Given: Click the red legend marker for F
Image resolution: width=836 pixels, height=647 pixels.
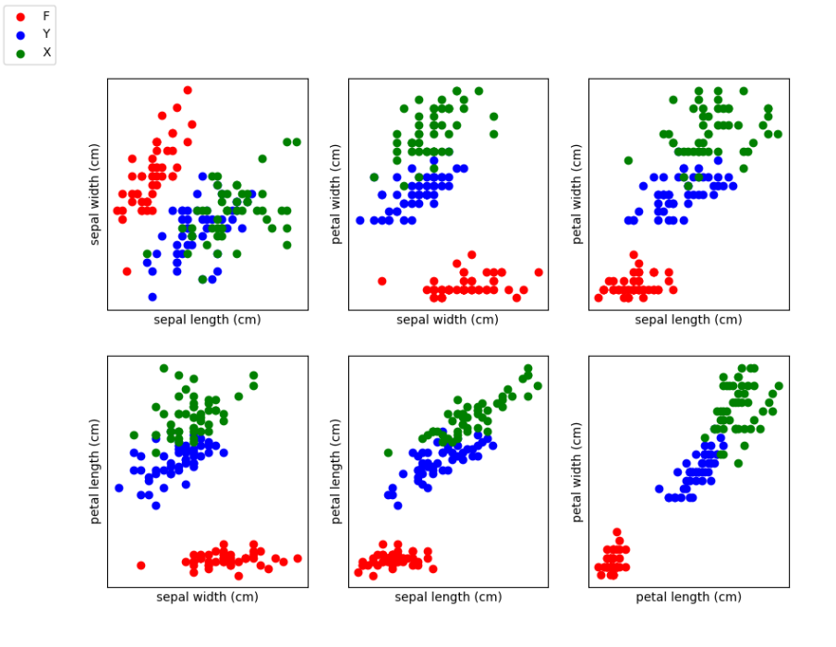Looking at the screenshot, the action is tap(21, 17).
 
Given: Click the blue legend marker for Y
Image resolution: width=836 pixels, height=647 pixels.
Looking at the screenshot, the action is tap(21, 36).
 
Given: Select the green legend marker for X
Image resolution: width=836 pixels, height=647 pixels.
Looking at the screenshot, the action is tap(21, 54).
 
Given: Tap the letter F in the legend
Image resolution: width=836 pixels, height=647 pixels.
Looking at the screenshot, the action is tap(46, 17).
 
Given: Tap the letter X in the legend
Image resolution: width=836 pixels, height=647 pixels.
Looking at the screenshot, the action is tap(47, 53).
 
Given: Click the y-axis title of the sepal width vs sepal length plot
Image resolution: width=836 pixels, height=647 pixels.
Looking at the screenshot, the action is tap(94, 194).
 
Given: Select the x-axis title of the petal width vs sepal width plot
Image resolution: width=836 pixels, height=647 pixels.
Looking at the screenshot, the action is tap(447, 320).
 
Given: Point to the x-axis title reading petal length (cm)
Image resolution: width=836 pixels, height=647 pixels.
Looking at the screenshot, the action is tap(688, 597).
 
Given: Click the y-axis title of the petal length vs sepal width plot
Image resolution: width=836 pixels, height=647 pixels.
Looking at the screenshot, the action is tap(94, 471).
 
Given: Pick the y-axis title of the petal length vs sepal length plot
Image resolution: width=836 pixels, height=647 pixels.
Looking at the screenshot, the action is tap(335, 471).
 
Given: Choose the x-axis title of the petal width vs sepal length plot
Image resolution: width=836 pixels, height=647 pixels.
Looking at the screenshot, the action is tap(688, 320).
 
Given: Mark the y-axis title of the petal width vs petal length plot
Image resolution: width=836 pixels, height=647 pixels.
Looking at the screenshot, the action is tap(576, 472).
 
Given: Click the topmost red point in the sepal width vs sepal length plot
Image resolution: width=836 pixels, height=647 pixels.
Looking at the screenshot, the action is tap(188, 91).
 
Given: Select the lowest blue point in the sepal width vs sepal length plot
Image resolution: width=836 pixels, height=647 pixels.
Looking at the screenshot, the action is tap(152, 297).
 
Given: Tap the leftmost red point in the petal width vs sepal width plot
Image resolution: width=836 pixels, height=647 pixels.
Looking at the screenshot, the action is tap(382, 281).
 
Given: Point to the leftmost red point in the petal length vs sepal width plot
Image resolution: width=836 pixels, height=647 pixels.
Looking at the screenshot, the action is tap(140, 566).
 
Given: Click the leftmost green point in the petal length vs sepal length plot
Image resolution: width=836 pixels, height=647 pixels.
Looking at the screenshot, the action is tap(388, 453).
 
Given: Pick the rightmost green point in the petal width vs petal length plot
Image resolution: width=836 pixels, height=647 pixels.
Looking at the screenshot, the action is tap(779, 385).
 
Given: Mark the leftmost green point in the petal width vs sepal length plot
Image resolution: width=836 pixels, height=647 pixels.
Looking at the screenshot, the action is tap(628, 161).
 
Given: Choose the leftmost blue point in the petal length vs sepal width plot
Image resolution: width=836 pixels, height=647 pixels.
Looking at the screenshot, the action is tap(119, 488).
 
